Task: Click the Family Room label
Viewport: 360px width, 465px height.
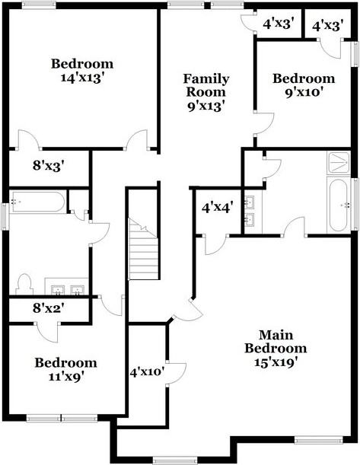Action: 206,85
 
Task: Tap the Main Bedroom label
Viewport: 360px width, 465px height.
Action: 276,342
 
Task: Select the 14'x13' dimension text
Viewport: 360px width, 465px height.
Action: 82,78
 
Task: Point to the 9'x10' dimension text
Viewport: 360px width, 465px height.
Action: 304,93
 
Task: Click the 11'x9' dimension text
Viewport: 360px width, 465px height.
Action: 65,377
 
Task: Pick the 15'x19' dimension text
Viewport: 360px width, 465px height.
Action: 276,361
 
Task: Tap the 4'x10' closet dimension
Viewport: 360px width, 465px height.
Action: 147,372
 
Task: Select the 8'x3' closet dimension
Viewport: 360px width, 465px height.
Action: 49,165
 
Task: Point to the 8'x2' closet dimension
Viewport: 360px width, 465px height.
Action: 49,308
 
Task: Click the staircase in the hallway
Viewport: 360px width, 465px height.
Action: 143,249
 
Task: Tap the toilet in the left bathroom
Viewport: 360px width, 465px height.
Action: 24,284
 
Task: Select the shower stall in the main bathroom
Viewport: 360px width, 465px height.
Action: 339,162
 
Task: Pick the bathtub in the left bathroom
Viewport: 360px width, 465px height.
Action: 38,202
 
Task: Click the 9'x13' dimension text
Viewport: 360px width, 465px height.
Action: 205,107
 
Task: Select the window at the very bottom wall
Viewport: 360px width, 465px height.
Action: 175,460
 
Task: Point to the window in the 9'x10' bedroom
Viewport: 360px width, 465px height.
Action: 355,54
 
